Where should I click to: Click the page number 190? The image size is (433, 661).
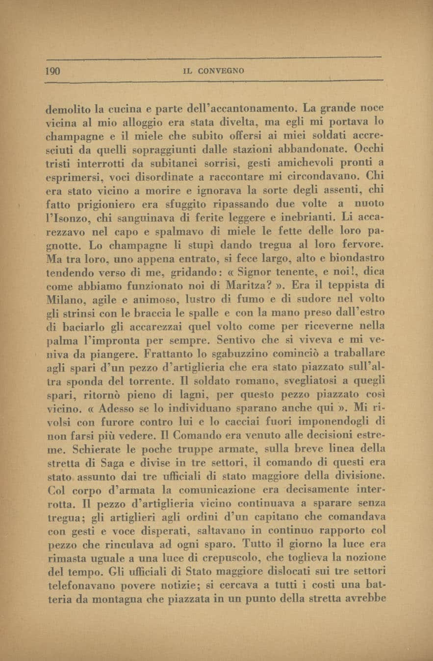point(52,71)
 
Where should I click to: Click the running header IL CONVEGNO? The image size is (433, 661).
point(213,71)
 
